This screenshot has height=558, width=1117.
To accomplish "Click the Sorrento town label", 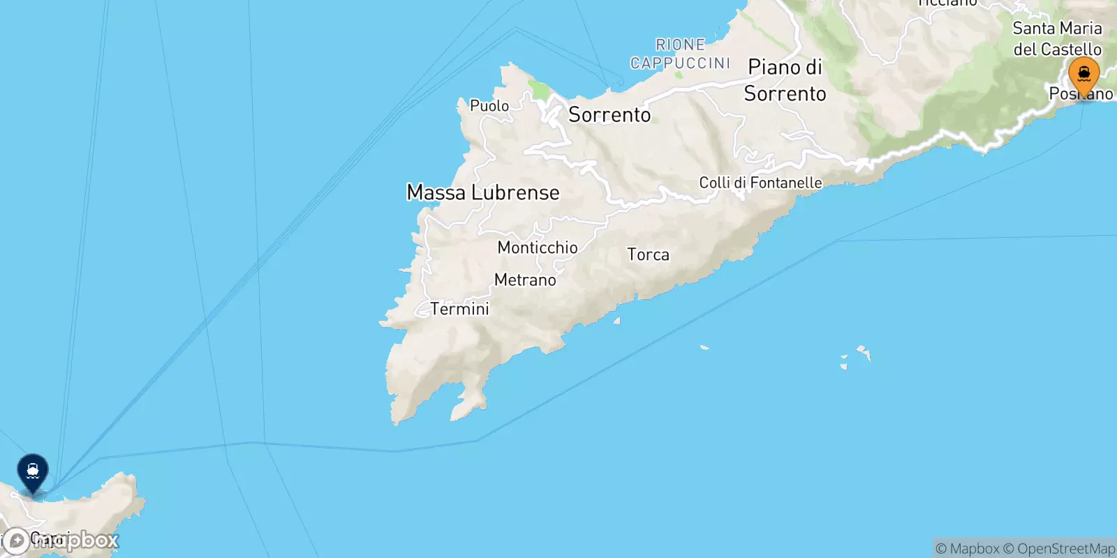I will tap(609, 115).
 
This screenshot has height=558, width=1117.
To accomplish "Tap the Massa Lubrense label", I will tap(483, 193).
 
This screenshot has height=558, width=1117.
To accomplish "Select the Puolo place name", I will tap(489, 106).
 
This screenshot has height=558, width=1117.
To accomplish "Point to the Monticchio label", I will tap(538, 248).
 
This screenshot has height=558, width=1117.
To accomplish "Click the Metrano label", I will tap(525, 280).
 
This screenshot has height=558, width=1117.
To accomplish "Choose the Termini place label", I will tap(459, 309).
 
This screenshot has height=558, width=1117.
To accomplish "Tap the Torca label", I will tap(648, 255).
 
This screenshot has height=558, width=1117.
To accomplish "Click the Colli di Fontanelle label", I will tap(760, 183).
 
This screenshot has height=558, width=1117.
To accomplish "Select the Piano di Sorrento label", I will tap(785, 80).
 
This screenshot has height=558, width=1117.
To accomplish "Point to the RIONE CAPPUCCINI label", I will tap(681, 54).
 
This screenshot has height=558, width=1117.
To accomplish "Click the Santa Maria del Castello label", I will tap(1057, 39).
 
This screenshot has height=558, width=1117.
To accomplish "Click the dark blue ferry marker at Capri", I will tap(33, 472).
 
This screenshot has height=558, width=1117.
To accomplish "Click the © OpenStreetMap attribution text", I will tap(1059, 549).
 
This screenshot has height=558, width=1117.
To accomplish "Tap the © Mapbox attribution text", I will tap(968, 549).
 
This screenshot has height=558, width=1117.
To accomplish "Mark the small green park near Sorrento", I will tap(538, 90).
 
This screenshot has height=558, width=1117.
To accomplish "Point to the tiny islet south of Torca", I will tap(617, 322).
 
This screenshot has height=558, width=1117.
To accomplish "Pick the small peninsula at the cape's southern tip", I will tap(469, 405).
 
